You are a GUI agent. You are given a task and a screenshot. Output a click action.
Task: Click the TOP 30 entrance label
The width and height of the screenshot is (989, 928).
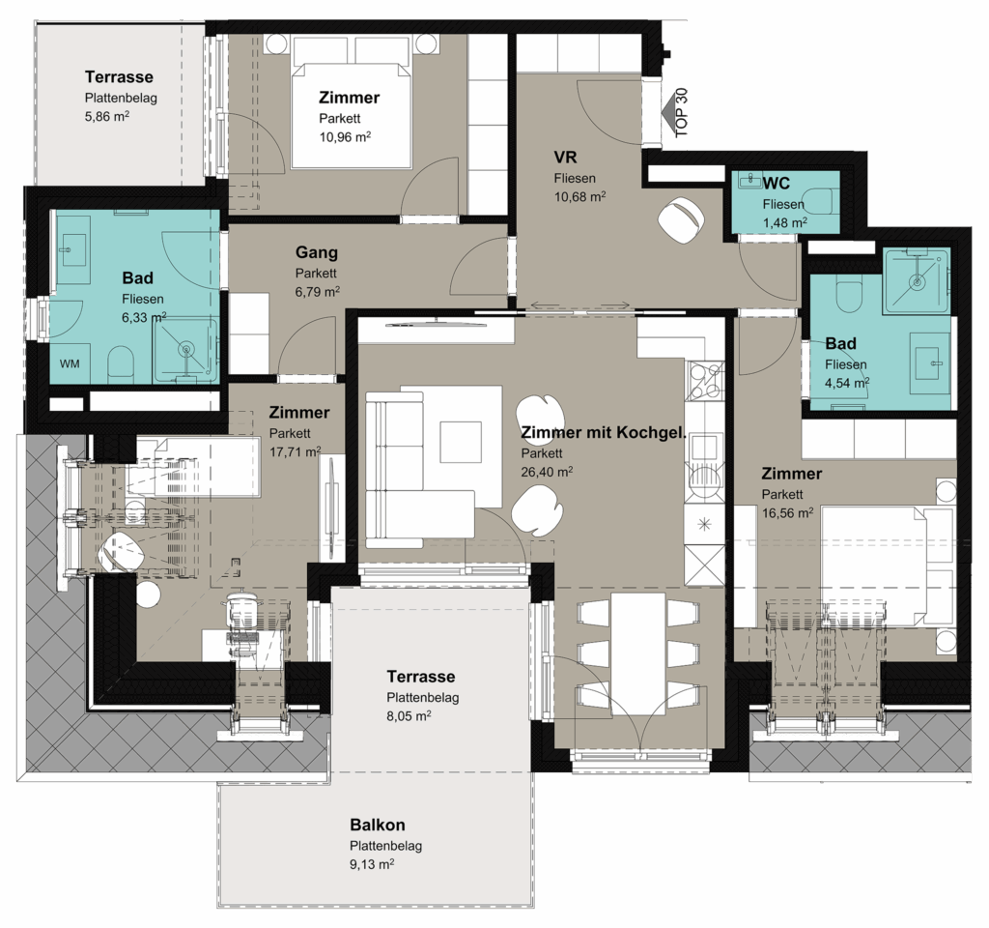(681, 113)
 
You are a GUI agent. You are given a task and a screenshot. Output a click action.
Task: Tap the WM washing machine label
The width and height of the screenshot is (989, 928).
(70, 363)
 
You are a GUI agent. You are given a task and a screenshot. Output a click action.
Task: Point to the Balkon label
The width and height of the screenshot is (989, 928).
(378, 825)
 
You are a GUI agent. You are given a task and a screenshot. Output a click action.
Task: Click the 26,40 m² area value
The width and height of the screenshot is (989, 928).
(547, 471)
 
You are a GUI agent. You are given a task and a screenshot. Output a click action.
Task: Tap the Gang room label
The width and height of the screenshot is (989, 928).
(317, 252)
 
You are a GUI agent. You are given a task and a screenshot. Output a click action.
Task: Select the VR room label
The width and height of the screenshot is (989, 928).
(566, 157)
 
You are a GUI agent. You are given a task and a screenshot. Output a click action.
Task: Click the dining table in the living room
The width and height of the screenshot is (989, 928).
(638, 653)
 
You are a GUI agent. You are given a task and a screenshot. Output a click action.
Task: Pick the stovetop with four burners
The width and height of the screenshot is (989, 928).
(704, 380)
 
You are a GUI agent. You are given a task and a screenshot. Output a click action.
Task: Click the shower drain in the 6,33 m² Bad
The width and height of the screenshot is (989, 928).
(186, 348)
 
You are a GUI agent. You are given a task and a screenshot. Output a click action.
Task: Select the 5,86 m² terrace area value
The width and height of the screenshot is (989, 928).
(107, 116)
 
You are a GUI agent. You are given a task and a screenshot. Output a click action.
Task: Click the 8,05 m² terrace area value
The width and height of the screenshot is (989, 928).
(410, 716)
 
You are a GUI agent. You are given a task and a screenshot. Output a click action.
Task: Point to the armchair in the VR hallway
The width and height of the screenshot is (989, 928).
(681, 219)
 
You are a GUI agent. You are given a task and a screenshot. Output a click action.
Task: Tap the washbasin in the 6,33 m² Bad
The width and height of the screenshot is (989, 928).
(71, 249)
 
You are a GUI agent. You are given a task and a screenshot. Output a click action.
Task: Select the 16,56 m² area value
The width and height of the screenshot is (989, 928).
(787, 512)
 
